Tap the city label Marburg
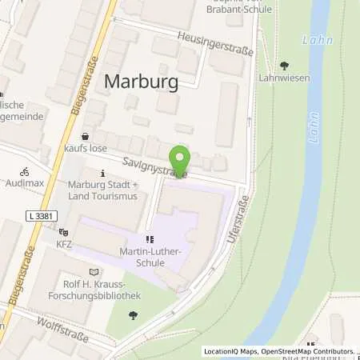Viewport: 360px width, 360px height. (x=139, y=82)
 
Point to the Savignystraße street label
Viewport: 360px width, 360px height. (x=155, y=166)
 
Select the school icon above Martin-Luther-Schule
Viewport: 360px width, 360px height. (x=149, y=238)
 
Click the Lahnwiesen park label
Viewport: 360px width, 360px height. (x=284, y=78)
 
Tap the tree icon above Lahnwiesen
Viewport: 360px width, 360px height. (x=285, y=66)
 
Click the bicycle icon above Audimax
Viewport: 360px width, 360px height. (x=25, y=170)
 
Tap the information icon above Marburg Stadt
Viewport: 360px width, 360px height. (x=102, y=173)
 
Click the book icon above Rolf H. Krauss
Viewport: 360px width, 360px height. (x=97, y=272)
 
